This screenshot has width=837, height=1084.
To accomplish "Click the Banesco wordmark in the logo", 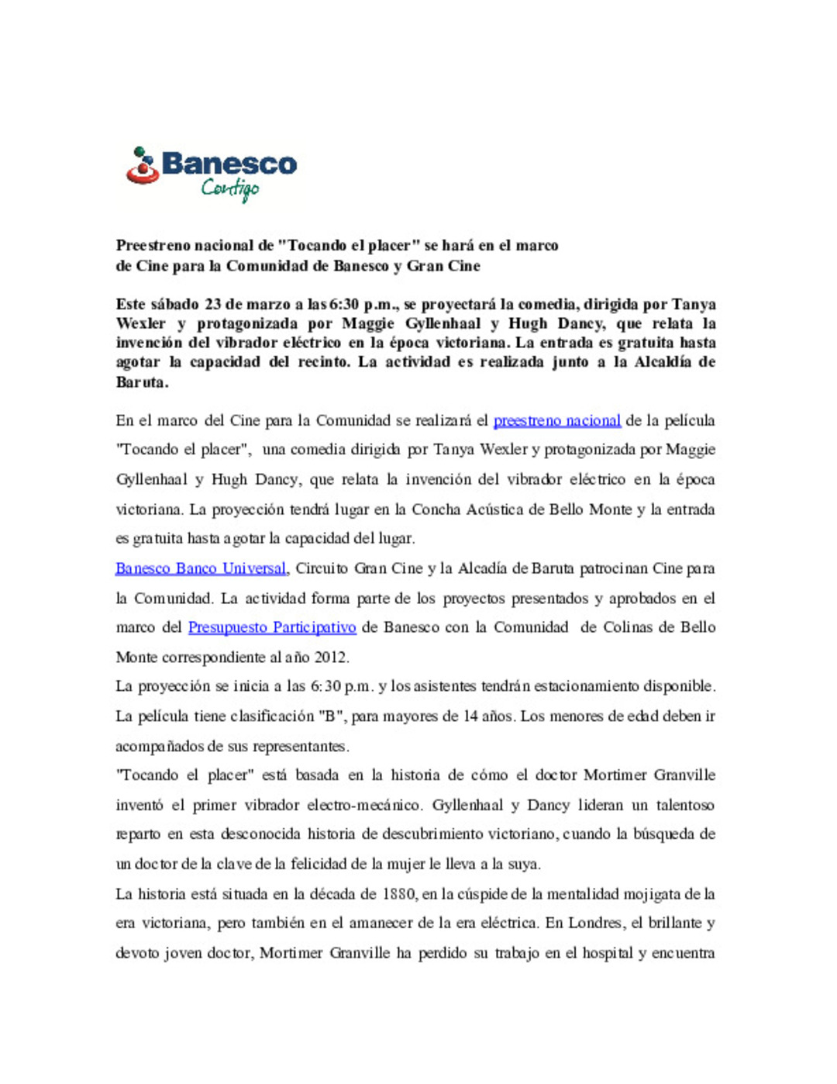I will (x=229, y=164).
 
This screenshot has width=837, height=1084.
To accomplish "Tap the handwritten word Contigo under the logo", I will (x=230, y=188).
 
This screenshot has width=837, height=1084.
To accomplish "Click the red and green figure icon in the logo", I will (x=142, y=165).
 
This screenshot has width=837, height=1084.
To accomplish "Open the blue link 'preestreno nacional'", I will (x=556, y=421).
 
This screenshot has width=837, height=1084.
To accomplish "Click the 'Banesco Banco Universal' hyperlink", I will (x=201, y=568).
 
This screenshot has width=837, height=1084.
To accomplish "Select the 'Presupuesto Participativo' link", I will (x=272, y=627).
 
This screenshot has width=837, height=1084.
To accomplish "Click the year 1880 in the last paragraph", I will (x=400, y=894).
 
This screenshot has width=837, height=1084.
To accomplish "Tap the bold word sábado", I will (x=174, y=304).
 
